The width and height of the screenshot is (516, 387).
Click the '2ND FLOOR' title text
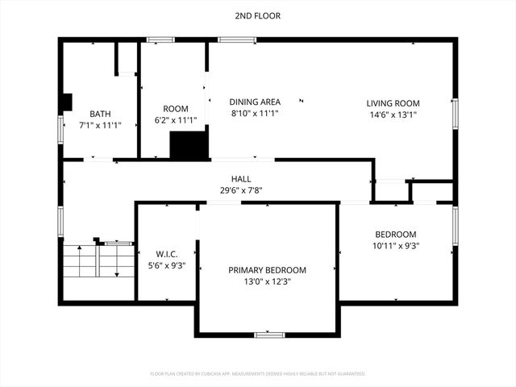[258, 15]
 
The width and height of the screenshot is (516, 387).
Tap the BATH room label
[100, 114]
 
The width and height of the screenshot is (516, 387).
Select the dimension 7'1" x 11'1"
[100, 126]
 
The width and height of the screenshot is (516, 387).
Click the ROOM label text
[175, 109]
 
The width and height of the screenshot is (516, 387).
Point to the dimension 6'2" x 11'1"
[175, 120]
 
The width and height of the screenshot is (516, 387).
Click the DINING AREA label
[255, 102]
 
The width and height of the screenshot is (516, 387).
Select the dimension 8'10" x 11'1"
[255, 114]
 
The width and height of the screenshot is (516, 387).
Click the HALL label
[241, 179]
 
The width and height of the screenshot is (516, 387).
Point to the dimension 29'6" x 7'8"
[241, 190]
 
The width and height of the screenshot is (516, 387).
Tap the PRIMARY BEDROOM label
[267, 270]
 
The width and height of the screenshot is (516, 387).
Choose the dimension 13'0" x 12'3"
[267, 281]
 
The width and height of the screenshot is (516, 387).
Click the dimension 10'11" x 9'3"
[395, 246]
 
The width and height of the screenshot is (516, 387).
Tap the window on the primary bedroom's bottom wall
[268, 335]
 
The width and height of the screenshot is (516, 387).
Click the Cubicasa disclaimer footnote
[258, 374]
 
